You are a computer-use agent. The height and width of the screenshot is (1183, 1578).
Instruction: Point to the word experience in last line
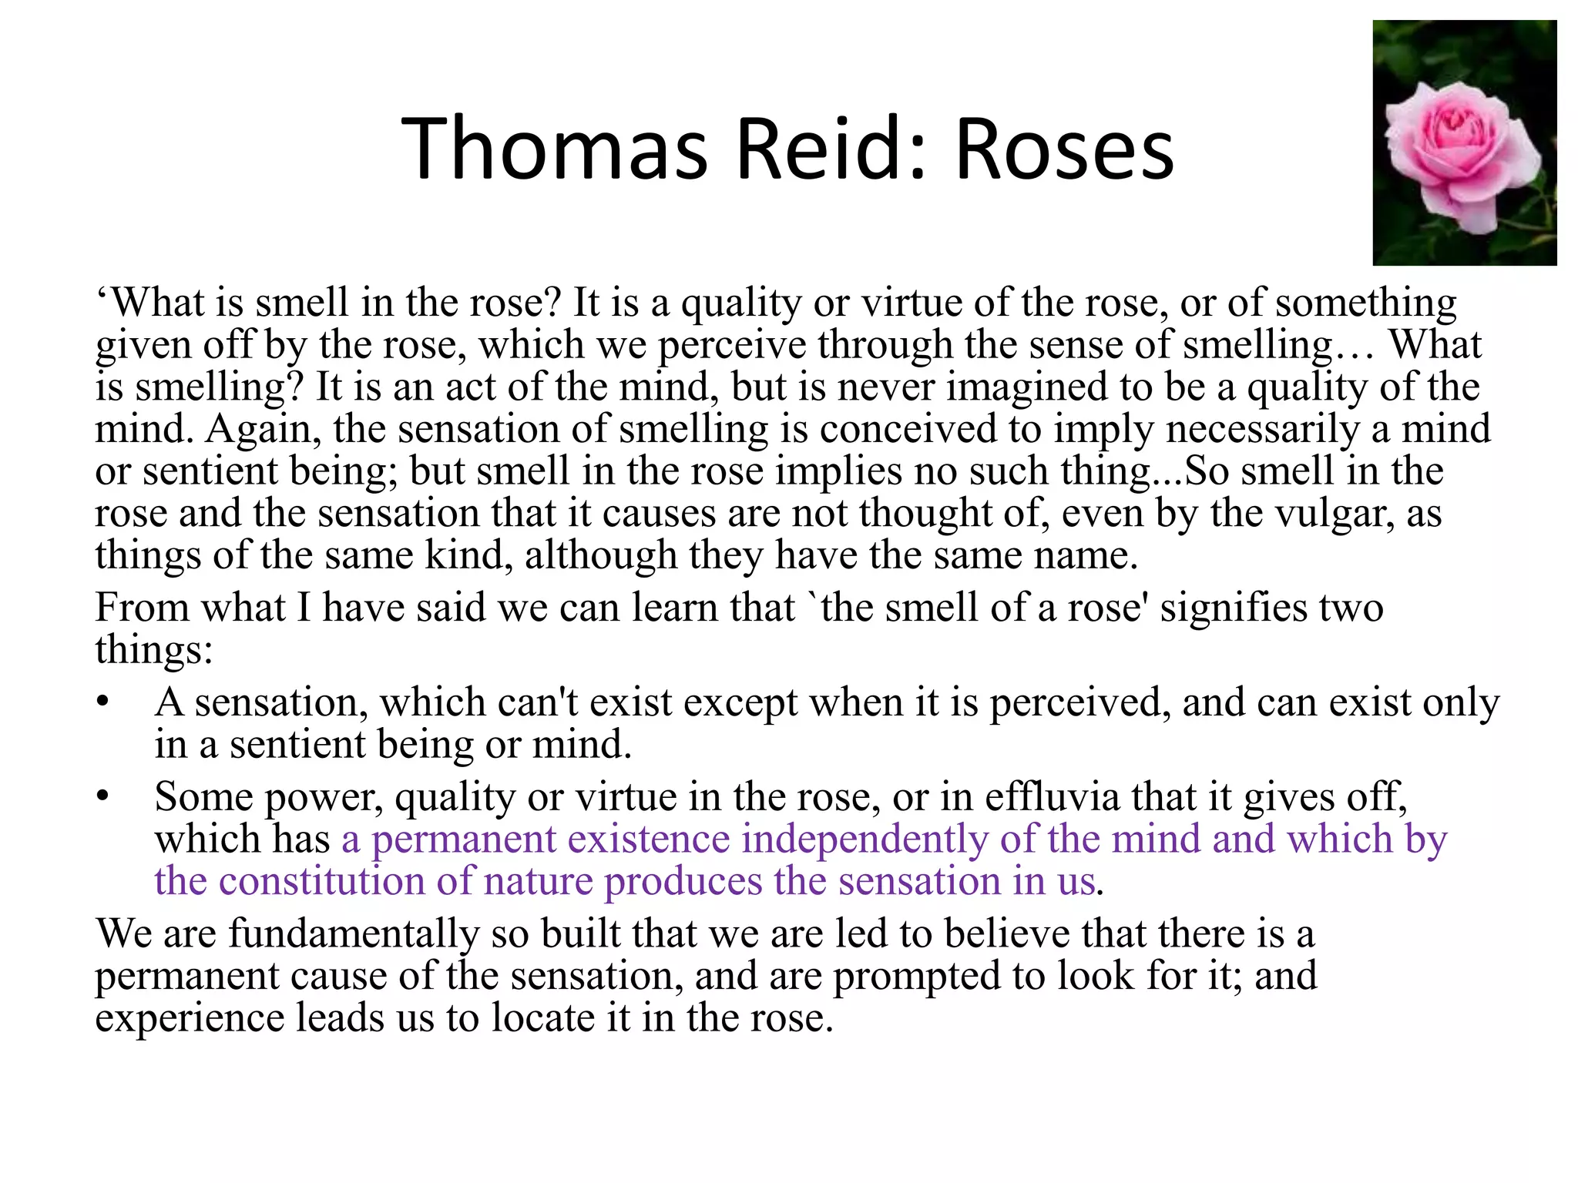[190, 1018]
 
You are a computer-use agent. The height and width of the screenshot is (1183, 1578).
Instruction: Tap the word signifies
[1234, 608]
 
